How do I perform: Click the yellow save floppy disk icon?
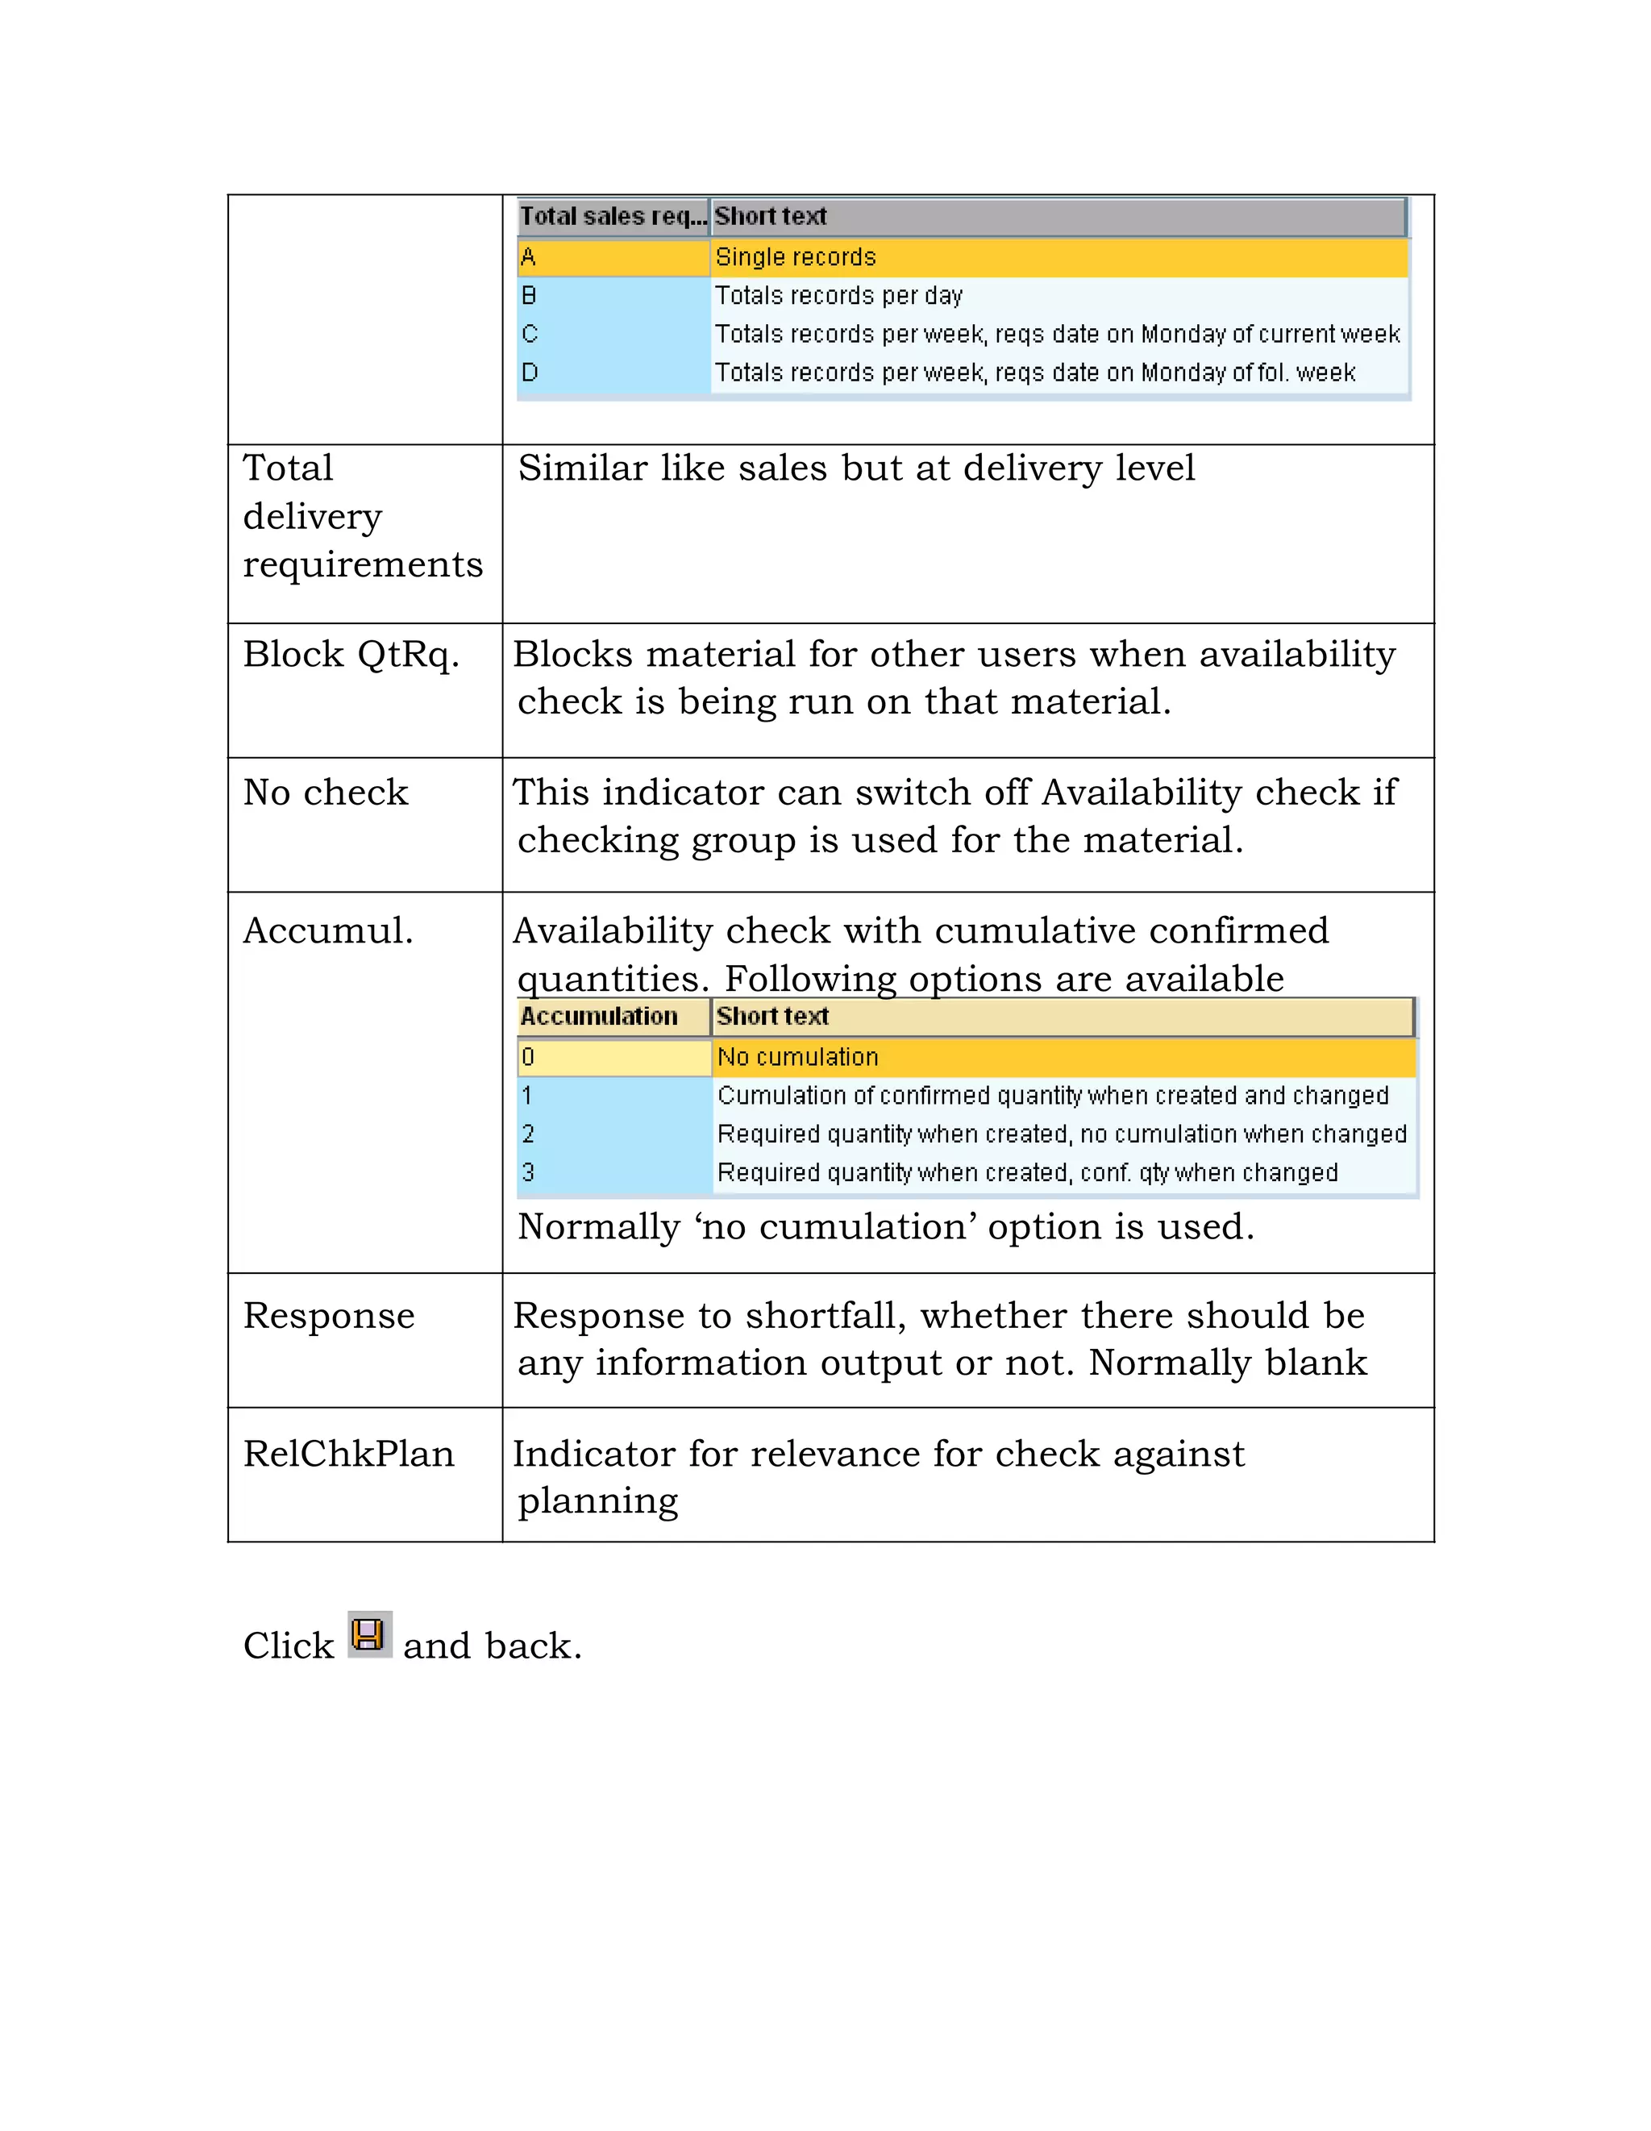tap(370, 1634)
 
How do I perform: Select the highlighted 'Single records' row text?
tap(795, 256)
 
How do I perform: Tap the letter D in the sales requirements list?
tap(530, 373)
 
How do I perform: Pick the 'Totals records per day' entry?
tap(838, 296)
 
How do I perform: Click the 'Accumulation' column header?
tap(599, 1016)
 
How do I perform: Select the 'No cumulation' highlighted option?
tap(797, 1057)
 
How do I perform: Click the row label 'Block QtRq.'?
tap(351, 654)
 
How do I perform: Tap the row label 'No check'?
tap(326, 793)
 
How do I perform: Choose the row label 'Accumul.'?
tap(328, 930)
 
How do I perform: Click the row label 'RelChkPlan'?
tap(348, 1454)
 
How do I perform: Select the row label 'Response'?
tap(329, 1315)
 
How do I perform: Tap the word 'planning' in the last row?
tap(597, 1500)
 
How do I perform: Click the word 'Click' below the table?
tap(289, 1646)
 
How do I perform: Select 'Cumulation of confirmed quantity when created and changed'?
tap(1052, 1095)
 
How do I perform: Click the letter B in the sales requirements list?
tap(529, 296)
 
